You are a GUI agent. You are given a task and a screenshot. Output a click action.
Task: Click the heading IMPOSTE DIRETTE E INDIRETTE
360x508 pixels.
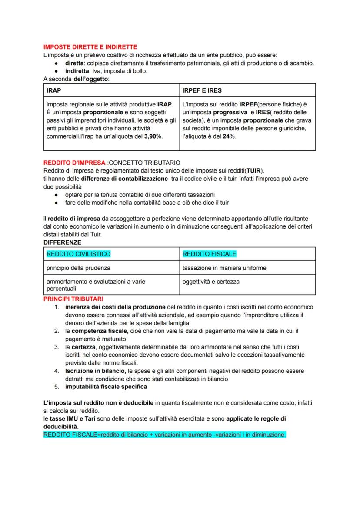click(x=90, y=46)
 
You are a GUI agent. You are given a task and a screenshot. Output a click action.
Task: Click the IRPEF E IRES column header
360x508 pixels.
click(x=202, y=90)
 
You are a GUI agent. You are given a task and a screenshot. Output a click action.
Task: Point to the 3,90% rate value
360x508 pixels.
click(x=153, y=136)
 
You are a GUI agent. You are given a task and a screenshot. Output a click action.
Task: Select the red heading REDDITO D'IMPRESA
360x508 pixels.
click(x=74, y=163)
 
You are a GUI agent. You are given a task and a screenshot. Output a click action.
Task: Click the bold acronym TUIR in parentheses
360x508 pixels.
click(x=255, y=170)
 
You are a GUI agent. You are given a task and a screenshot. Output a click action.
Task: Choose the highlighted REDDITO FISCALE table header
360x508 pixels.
click(x=209, y=254)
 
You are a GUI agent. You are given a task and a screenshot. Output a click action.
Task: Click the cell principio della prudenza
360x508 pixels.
click(x=78, y=268)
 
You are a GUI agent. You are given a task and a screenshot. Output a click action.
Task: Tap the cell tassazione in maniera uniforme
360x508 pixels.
click(x=224, y=268)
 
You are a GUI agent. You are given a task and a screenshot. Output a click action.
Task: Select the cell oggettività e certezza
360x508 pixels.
click(x=211, y=282)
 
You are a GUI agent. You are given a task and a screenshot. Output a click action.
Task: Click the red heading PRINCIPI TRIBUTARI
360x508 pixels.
click(x=73, y=299)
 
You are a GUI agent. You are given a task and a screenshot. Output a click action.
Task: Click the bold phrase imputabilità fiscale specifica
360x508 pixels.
click(x=106, y=387)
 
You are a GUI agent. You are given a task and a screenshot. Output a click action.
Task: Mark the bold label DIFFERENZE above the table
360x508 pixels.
click(x=62, y=242)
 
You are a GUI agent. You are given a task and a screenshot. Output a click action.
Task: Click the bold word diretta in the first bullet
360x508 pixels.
click(x=74, y=63)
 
